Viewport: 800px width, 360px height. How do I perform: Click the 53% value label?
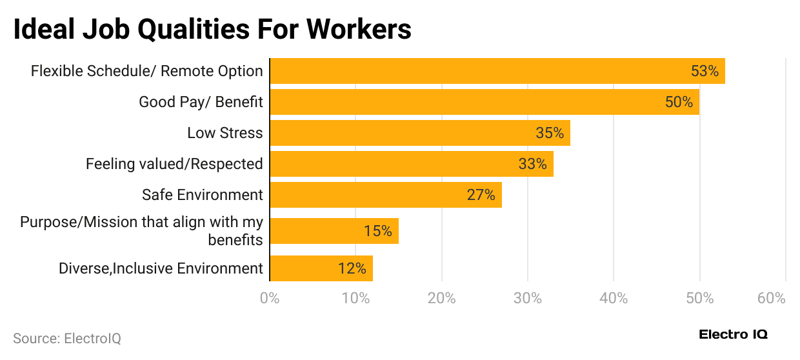tap(705, 71)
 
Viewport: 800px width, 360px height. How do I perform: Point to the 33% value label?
tap(532, 164)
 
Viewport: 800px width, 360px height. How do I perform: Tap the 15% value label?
tap(377, 231)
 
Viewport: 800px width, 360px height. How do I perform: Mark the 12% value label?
tap(352, 268)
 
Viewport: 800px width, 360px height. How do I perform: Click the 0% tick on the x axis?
tap(269, 299)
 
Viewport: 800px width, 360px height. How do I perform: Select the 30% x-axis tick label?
tap(528, 299)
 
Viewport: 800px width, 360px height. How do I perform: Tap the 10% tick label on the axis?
tap(355, 299)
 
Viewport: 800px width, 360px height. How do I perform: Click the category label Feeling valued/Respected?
tap(174, 164)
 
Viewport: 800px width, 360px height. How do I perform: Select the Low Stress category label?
tap(225, 133)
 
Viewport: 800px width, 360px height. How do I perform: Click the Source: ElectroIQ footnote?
tap(67, 338)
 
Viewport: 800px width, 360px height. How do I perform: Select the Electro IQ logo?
tap(734, 335)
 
